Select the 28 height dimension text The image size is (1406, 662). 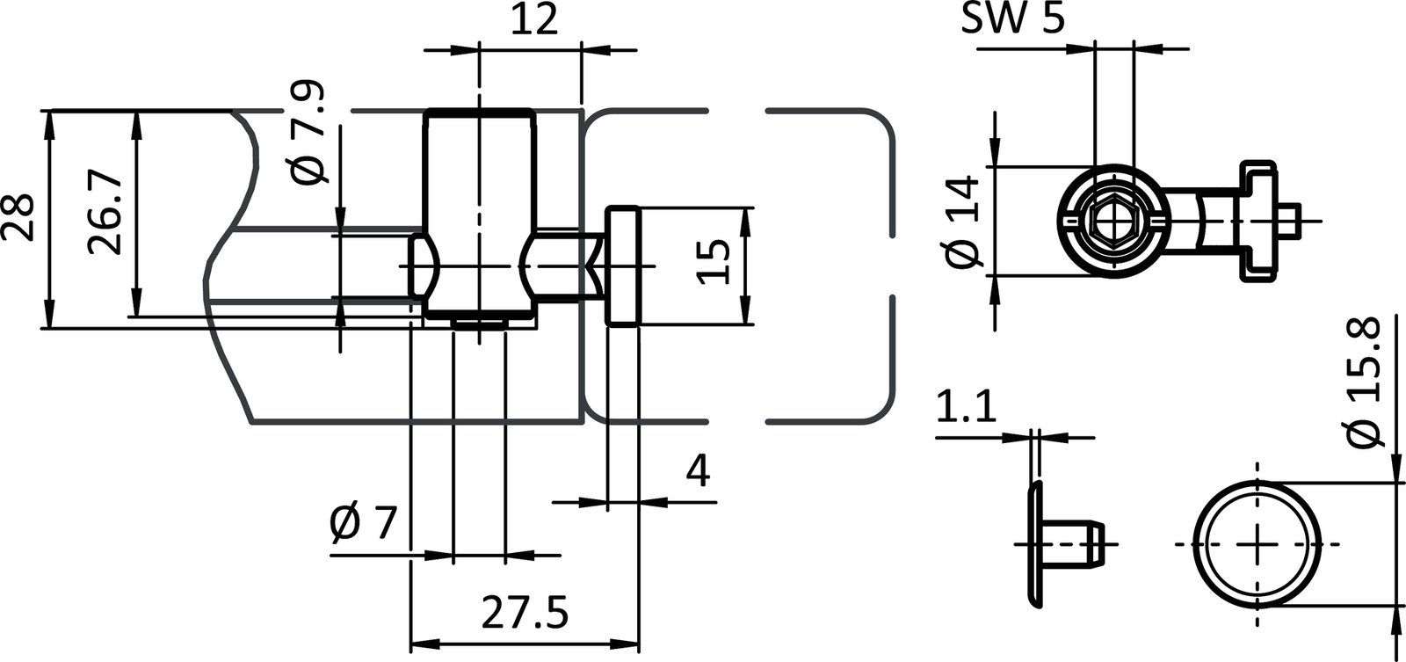pos(18,217)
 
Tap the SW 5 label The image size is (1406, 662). pos(1011,20)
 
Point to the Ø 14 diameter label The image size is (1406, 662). pos(965,221)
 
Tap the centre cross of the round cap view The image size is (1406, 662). pos(1259,543)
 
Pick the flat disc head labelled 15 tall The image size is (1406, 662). pos(621,266)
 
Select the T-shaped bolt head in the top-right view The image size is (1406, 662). pos(1257,221)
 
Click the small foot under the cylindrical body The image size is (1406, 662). pos(480,324)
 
